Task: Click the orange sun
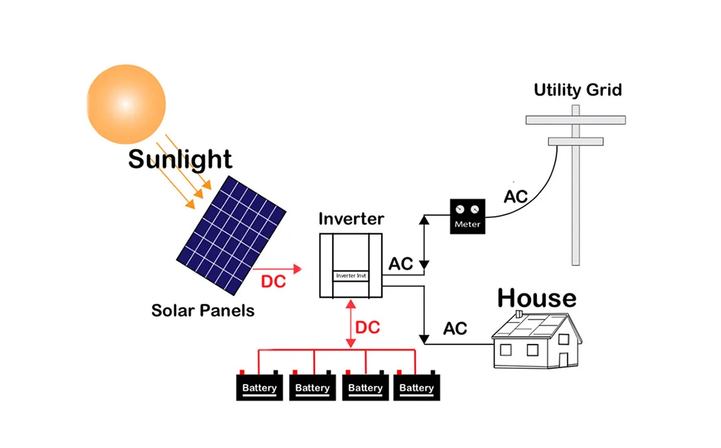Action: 126,104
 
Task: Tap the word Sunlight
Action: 180,159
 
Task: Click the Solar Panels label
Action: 203,310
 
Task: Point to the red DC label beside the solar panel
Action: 273,282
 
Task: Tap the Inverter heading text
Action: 351,219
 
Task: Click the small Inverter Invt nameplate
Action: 351,275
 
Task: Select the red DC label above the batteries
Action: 367,328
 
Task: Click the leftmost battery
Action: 260,388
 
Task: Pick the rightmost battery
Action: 416,388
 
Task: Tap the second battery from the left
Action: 312,388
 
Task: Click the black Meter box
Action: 468,216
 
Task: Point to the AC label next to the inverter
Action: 401,264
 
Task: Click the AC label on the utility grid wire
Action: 516,196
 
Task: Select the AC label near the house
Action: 455,328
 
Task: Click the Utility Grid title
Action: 577,90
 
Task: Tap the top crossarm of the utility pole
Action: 575,120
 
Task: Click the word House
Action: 537,298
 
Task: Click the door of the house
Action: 563,360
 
